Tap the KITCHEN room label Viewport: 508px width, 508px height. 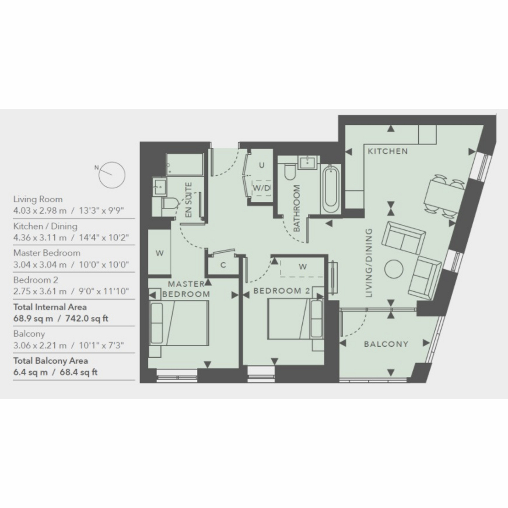tap(387, 151)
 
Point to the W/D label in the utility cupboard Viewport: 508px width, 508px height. tap(262, 188)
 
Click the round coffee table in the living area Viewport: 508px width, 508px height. tap(394, 269)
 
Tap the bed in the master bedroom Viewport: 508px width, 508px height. tap(179, 323)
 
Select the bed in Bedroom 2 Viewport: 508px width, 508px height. tap(295, 318)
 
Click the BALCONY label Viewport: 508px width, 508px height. tap(386, 344)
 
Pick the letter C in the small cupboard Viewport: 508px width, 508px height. tap(223, 265)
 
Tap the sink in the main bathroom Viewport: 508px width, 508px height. tap(307, 163)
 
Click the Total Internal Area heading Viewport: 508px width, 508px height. tap(50, 307)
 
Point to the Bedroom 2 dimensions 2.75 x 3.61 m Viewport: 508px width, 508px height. tap(40, 291)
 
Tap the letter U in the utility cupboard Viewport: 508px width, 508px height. tap(262, 165)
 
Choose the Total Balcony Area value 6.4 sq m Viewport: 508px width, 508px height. tap(30, 372)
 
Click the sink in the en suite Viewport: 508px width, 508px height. tap(160, 187)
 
